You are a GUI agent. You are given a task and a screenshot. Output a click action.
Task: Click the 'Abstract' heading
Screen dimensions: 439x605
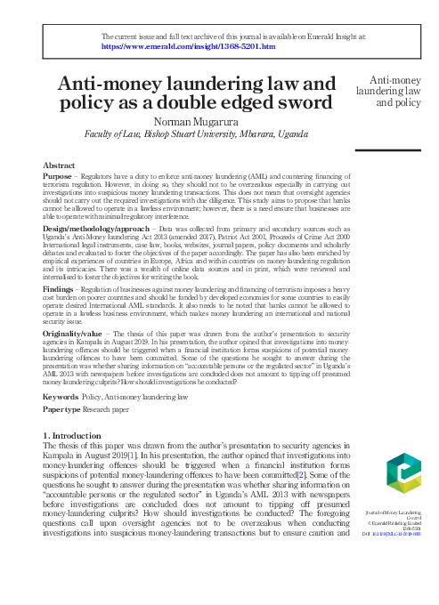pyautogui.click(x=59, y=166)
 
